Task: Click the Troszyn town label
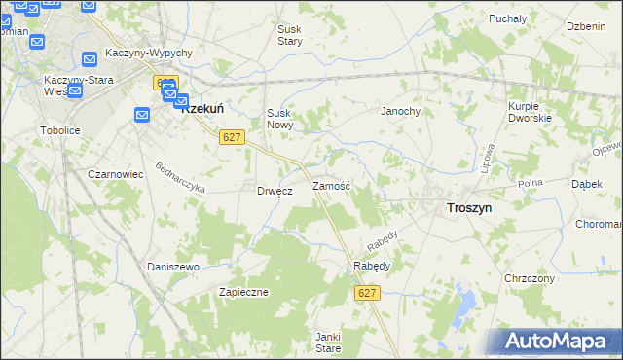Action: [x=468, y=207]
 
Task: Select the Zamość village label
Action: [x=331, y=185]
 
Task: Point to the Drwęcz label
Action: [x=275, y=191]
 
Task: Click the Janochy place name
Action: [x=399, y=111]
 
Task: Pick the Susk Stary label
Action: [x=290, y=36]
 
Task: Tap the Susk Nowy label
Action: [x=279, y=119]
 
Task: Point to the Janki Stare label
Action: [x=327, y=342]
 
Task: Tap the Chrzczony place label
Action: [x=530, y=278]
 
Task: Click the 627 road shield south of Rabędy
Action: [x=367, y=293]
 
